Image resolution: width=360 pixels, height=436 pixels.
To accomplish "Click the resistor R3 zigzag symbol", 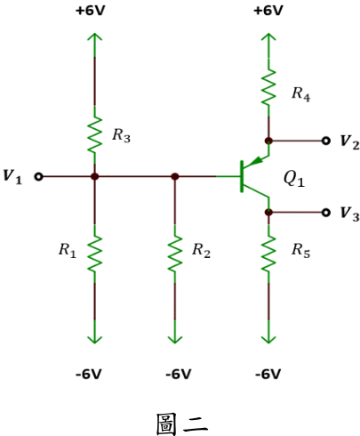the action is click(x=94, y=135).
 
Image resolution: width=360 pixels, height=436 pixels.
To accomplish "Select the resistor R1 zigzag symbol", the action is click(x=94, y=254).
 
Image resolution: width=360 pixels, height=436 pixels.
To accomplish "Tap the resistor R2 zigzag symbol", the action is click(x=175, y=254).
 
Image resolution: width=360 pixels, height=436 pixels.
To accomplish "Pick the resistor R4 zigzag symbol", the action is click(x=268, y=87).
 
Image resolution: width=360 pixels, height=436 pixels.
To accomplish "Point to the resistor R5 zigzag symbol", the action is click(x=268, y=254).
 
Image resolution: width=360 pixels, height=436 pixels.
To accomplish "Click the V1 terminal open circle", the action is click(x=39, y=177).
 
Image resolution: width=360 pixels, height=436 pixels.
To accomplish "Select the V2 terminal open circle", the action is click(x=326, y=141).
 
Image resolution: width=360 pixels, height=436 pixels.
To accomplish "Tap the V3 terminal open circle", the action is click(x=326, y=213).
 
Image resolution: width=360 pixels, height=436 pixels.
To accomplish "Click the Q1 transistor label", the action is click(x=294, y=179).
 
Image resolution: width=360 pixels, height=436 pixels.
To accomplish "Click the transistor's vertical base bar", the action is click(x=242, y=176).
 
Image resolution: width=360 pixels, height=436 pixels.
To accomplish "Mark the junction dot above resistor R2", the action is click(x=175, y=177).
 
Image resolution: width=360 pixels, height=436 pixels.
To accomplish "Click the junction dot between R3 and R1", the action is click(x=94, y=177).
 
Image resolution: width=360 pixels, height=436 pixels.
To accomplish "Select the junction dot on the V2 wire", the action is click(x=268, y=141).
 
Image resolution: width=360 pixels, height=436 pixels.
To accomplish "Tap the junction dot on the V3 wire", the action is click(x=268, y=213).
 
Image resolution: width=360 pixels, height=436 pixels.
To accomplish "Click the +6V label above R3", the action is click(x=91, y=11).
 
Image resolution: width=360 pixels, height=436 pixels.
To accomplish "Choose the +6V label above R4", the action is click(x=268, y=11).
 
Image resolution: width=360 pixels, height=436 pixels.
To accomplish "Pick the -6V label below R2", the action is click(x=179, y=374).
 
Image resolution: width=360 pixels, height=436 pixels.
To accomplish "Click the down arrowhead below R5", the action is click(x=268, y=340).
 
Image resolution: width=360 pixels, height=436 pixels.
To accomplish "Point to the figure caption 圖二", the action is click(x=181, y=424).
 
